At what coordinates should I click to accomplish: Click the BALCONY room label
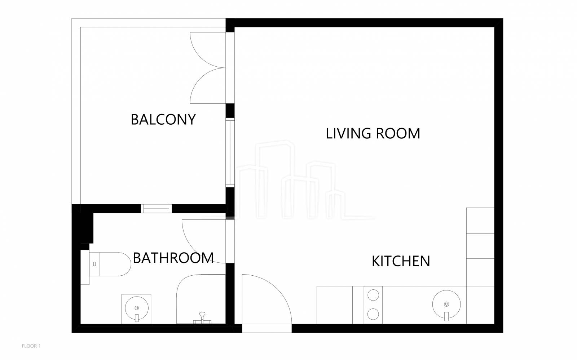(x=163, y=120)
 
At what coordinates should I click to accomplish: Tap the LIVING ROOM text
(x=373, y=134)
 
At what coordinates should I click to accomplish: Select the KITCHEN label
(x=401, y=261)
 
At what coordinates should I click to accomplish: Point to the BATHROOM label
(x=173, y=258)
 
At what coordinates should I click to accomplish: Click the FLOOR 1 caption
(x=31, y=346)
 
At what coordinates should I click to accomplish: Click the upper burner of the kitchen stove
(x=373, y=295)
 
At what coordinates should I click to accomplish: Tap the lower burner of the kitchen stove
(x=373, y=314)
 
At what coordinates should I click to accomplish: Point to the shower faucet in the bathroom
(x=202, y=318)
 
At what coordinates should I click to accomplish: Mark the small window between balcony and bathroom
(x=157, y=209)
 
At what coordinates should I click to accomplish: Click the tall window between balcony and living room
(x=230, y=152)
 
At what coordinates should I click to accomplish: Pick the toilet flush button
(x=94, y=264)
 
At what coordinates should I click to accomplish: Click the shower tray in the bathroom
(x=201, y=299)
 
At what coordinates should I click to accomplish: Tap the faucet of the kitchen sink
(x=446, y=316)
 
